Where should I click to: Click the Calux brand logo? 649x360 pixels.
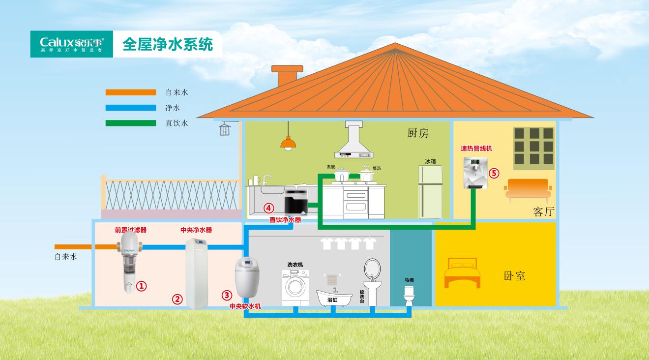[x=72, y=44]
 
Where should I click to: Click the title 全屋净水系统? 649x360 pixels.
[x=167, y=45]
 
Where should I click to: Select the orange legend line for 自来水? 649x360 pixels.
[x=130, y=92]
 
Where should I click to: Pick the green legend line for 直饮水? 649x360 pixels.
[x=130, y=123]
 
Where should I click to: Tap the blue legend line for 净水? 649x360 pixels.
[x=130, y=108]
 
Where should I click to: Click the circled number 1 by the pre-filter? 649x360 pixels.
[x=142, y=285]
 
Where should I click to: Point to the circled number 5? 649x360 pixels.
[x=494, y=173]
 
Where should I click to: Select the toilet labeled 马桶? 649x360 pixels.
[x=409, y=295]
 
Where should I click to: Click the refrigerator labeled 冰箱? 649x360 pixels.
[x=430, y=192]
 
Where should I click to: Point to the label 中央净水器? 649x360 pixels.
[x=196, y=230]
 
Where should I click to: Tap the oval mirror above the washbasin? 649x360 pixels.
[x=372, y=270]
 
